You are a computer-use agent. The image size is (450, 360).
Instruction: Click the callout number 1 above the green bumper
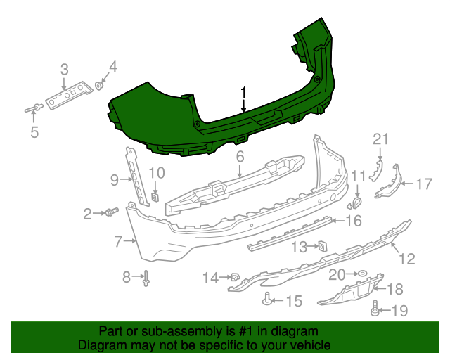coord(244,92)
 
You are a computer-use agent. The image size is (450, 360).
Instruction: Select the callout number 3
coord(64,69)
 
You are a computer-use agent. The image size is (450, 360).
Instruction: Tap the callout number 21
coord(380,139)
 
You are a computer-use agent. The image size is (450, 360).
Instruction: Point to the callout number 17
coord(423,184)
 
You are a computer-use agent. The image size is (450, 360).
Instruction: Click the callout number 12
coord(407,259)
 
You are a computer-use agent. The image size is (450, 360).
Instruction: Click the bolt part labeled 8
coord(147,280)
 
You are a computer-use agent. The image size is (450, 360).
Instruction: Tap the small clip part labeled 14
coord(236,277)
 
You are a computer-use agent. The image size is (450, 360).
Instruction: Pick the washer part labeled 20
coord(361,273)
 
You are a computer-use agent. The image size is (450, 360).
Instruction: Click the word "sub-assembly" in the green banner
coord(163,330)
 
